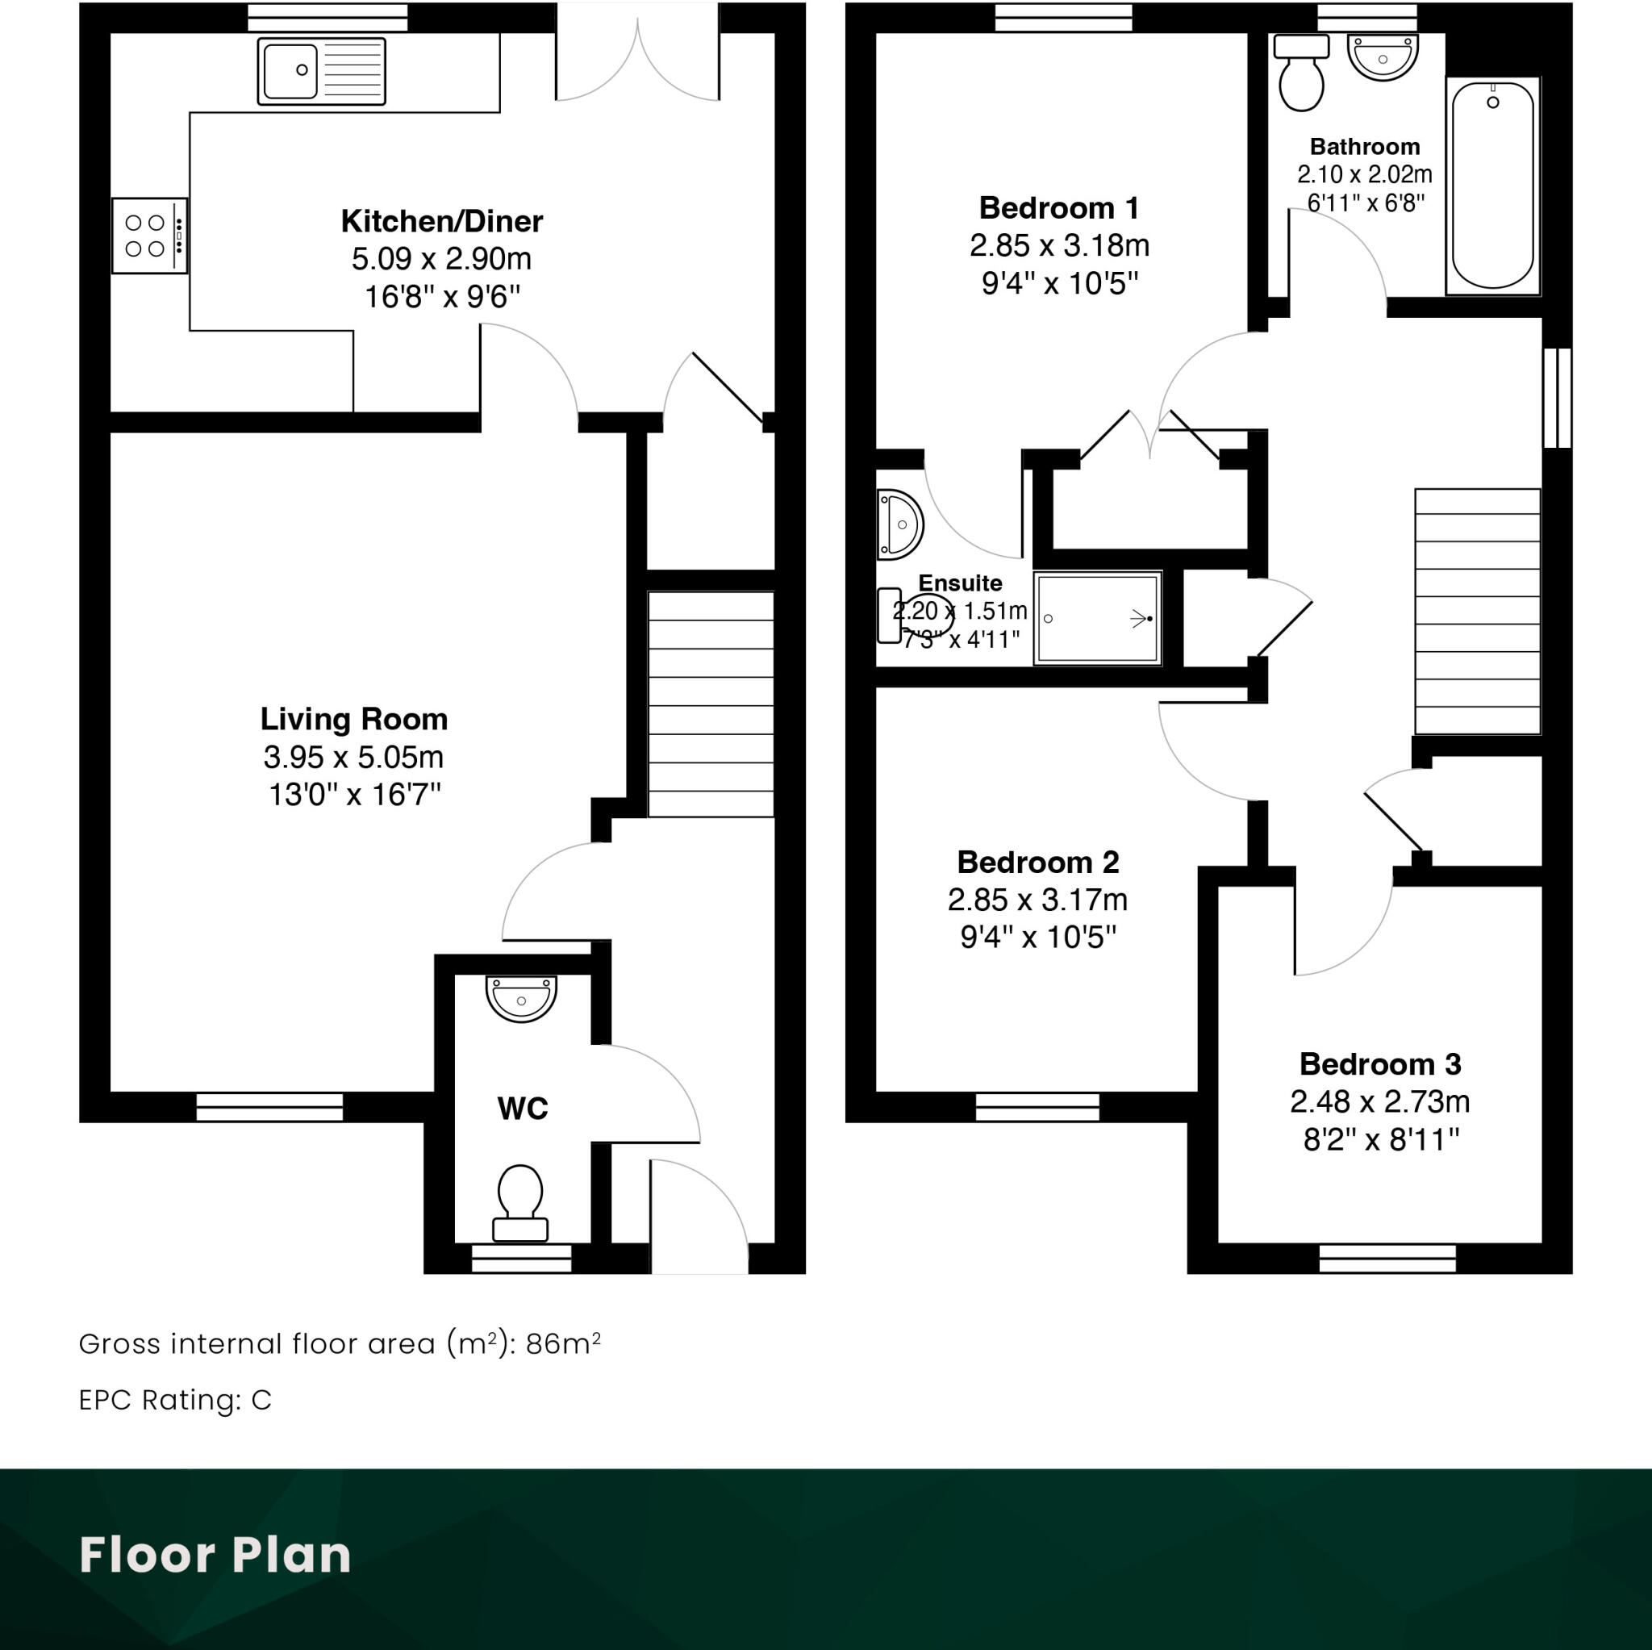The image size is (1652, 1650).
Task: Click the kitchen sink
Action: point(322,71)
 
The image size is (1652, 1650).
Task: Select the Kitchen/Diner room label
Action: point(441,222)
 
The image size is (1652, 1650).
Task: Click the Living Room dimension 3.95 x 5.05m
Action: point(353,757)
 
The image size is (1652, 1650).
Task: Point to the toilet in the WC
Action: point(520,1201)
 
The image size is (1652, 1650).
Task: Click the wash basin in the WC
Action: point(521,997)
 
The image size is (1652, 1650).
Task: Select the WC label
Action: point(522,1109)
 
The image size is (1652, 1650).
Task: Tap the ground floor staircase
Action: point(711,704)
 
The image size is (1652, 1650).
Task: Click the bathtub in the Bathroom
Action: point(1493,185)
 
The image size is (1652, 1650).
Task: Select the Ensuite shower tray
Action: point(1097,618)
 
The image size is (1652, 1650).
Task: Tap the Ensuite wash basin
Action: point(898,524)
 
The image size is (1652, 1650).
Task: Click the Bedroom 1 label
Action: point(1058,208)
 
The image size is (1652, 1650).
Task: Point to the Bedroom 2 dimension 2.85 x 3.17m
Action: point(1037,900)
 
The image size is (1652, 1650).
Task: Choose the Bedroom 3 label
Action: point(1380,1064)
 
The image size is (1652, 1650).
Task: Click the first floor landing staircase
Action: point(1478,611)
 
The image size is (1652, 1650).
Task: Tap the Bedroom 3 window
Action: point(1387,1258)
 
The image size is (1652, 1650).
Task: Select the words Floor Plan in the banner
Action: point(215,1555)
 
